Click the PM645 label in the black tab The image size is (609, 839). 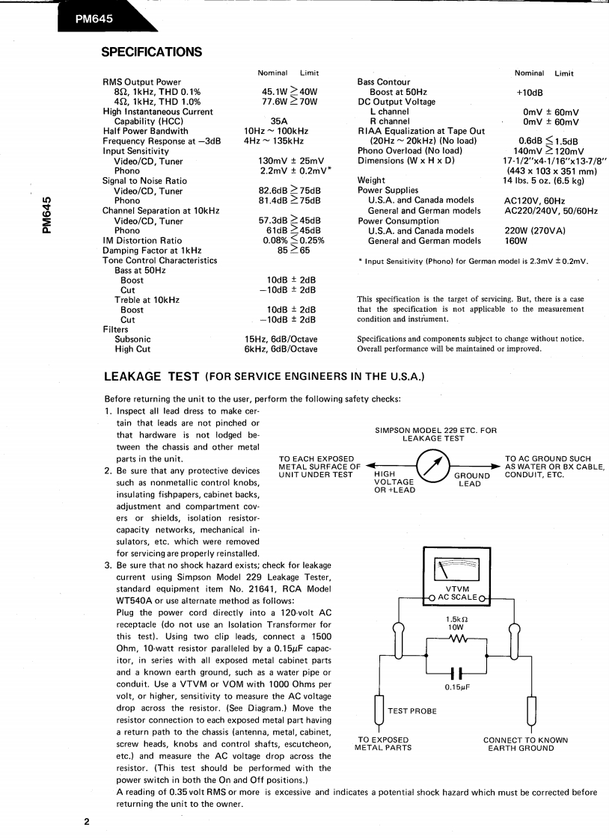tap(94, 20)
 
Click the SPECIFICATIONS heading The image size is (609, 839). tap(151, 52)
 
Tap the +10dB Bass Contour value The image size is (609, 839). tap(530, 92)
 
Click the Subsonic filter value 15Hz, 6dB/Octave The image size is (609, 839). tap(271, 339)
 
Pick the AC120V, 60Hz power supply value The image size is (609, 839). tap(533, 201)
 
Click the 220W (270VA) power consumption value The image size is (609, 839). tap(535, 231)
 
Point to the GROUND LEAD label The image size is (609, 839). tap(471, 479)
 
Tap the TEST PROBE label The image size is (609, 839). tap(411, 711)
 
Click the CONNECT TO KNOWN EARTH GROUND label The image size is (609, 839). tap(525, 744)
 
